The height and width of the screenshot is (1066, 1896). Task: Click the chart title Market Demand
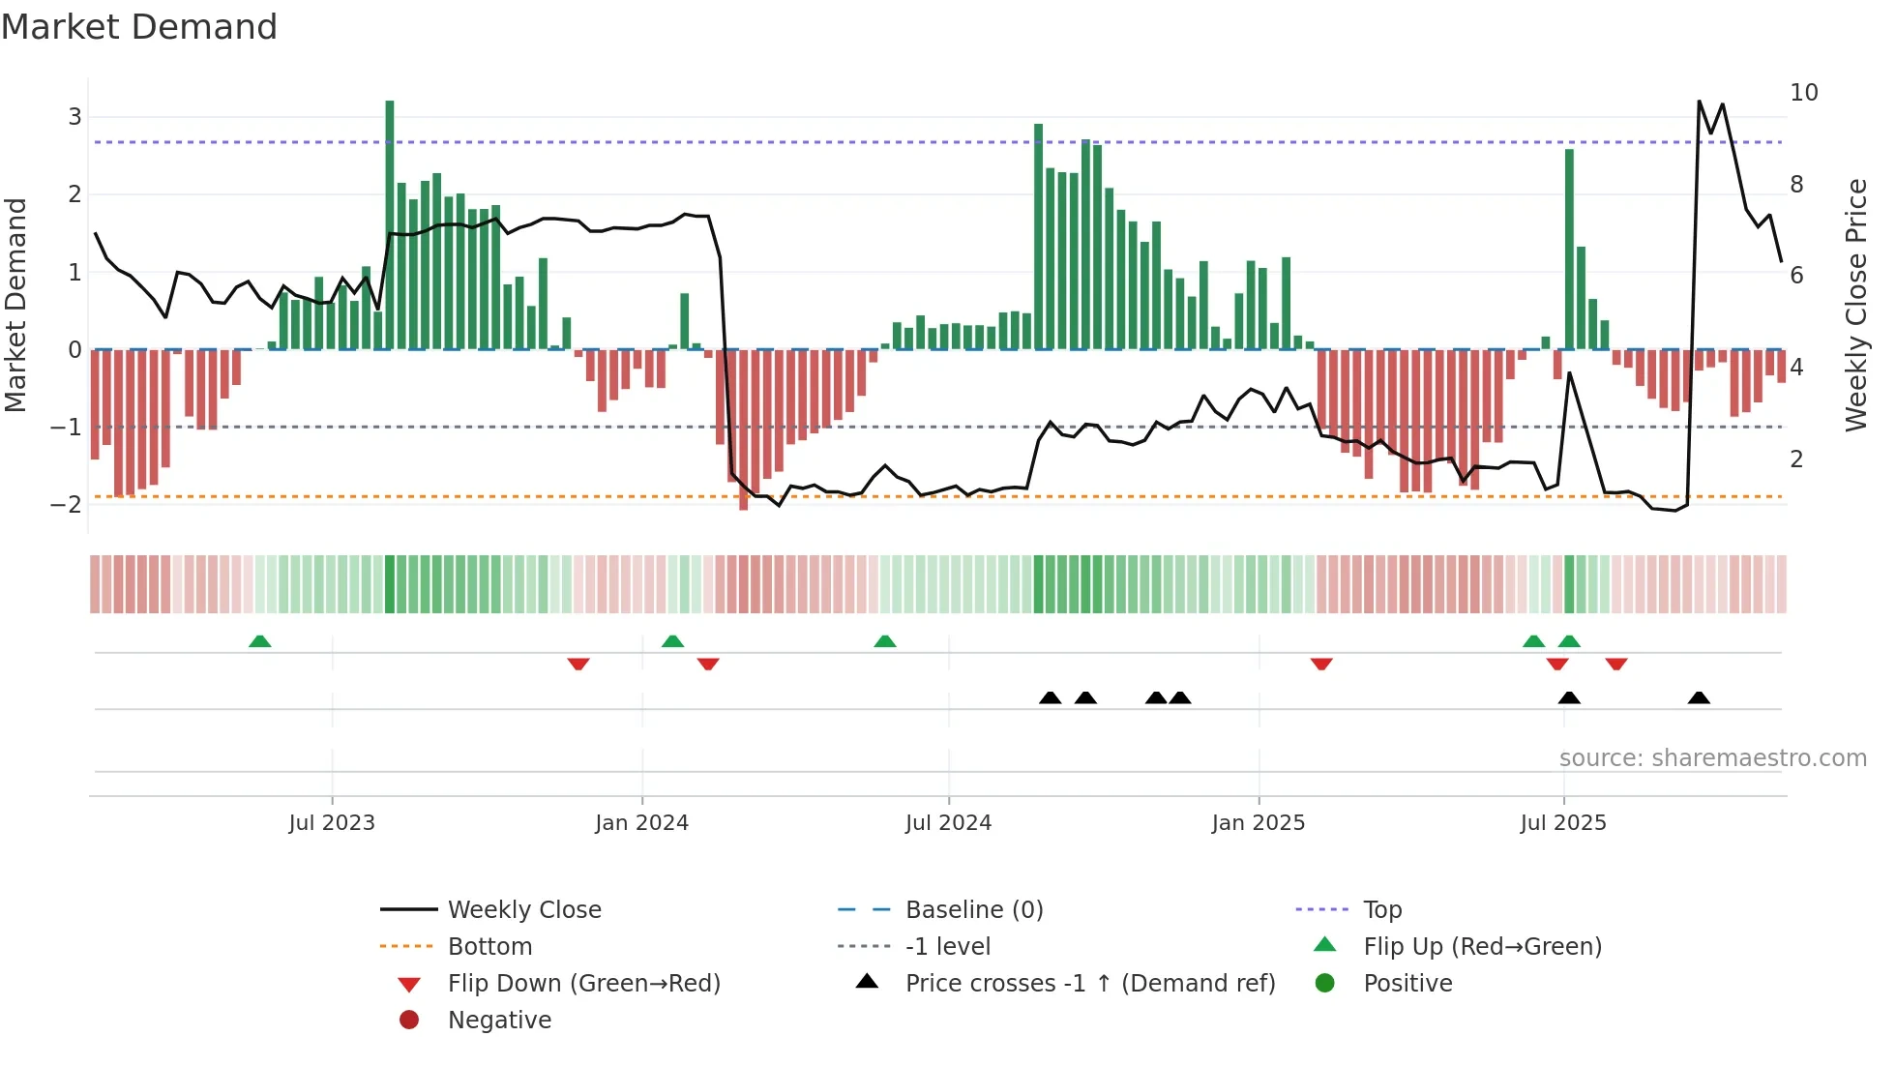[139, 27]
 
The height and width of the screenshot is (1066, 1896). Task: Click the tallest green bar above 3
[390, 222]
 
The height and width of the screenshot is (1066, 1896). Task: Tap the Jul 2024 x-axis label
[948, 823]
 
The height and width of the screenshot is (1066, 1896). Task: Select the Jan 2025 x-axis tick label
[1258, 823]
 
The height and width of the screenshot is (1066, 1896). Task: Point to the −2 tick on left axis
[66, 505]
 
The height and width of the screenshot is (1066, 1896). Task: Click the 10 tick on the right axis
[1803, 93]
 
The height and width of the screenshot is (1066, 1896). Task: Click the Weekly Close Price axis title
[1855, 305]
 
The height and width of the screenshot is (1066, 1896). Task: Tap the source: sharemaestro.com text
[1712, 758]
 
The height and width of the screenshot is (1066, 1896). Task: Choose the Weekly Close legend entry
[523, 910]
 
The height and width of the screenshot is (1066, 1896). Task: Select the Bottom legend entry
[489, 947]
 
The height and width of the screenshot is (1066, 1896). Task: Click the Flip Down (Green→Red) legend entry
[583, 984]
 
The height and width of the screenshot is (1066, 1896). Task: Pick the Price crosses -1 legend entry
[1089, 984]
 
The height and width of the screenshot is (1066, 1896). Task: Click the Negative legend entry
[499, 1021]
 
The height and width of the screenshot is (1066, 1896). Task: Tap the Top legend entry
[1381, 910]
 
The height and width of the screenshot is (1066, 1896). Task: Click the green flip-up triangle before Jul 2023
[259, 641]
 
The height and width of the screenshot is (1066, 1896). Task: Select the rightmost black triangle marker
[1699, 697]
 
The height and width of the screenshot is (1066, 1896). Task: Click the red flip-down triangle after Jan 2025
[1321, 664]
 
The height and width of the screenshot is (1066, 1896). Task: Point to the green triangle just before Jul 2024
[885, 641]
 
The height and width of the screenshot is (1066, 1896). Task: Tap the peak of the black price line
[1700, 101]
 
